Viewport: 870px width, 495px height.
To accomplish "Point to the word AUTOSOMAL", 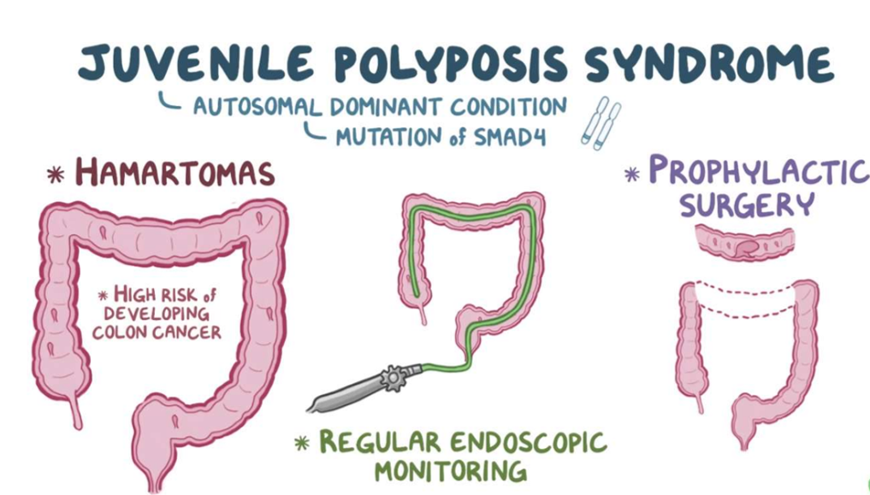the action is (256, 107).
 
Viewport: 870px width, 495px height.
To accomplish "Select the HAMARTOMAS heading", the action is (175, 174).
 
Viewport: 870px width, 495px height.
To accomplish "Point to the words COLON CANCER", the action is (157, 332).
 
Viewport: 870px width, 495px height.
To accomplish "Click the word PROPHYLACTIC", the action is (758, 172).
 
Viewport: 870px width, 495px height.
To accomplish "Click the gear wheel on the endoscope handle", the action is (394, 377).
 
